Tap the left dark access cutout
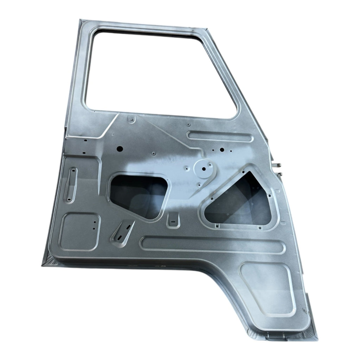click(x=139, y=195)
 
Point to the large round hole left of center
click(x=119, y=148)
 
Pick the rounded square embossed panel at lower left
click(x=79, y=232)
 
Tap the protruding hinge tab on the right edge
click(x=278, y=165)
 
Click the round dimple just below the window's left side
click(x=131, y=120)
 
